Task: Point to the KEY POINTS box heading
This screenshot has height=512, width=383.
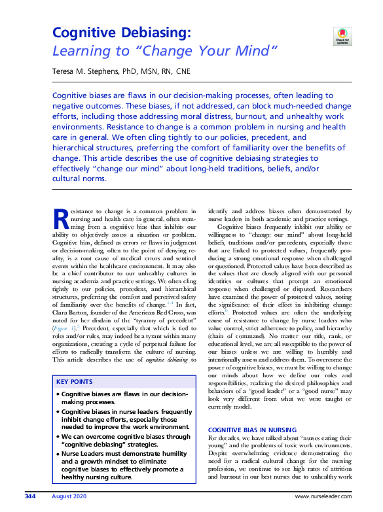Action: click(x=75, y=382)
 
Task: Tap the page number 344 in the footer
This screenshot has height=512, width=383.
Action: click(x=29, y=497)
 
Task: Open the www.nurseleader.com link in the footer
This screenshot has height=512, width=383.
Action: click(x=327, y=497)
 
